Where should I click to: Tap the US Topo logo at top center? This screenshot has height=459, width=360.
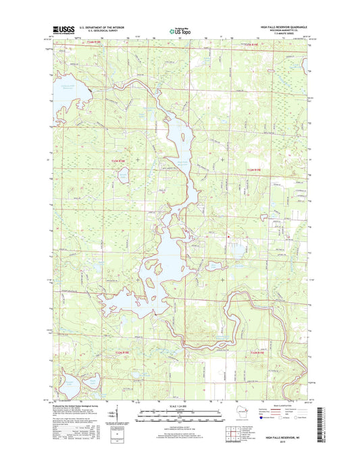tap(179, 30)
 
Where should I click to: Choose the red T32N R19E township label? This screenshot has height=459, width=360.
tap(259, 352)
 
